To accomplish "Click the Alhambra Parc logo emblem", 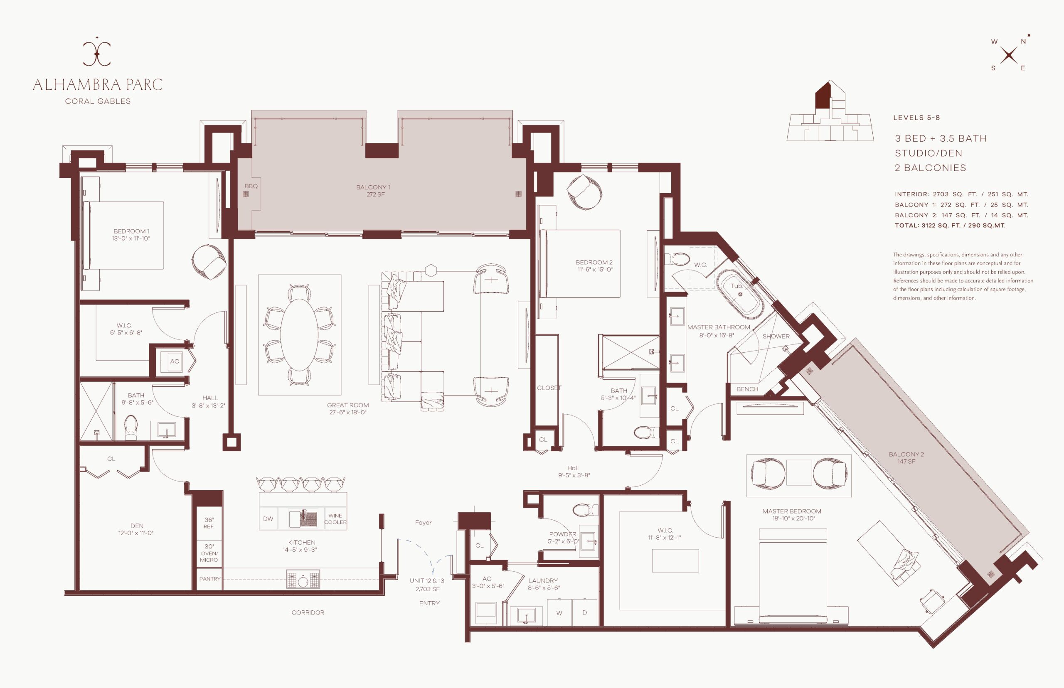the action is pyautogui.click(x=97, y=53).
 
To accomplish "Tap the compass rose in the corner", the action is pyautogui.click(x=1009, y=55).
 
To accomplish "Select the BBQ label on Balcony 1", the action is pyautogui.click(x=251, y=186).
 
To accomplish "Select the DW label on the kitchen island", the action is pyautogui.click(x=268, y=518).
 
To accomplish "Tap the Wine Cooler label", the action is pyautogui.click(x=335, y=518).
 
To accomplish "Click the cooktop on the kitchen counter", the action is pyautogui.click(x=303, y=580).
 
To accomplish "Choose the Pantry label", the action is pyautogui.click(x=209, y=579).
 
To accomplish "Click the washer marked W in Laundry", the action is pyautogui.click(x=559, y=613).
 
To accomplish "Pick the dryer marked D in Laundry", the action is pyautogui.click(x=584, y=613).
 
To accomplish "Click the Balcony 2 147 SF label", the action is pyautogui.click(x=906, y=457).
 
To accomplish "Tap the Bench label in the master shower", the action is pyautogui.click(x=747, y=389).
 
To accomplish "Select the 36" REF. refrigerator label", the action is pyautogui.click(x=209, y=523).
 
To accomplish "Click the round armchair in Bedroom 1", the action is pyautogui.click(x=209, y=262).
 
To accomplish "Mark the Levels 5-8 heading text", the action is pyautogui.click(x=916, y=118).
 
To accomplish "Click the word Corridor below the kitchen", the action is pyautogui.click(x=308, y=612).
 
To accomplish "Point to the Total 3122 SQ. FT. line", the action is pyautogui.click(x=950, y=226).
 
